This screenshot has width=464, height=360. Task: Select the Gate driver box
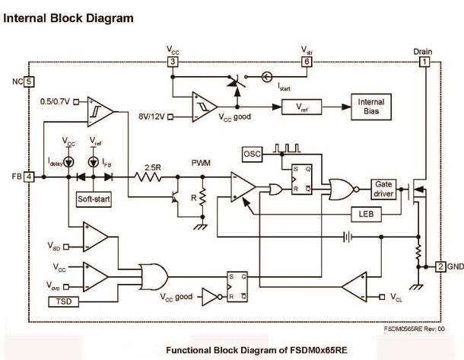[x=383, y=188]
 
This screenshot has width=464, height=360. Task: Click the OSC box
[x=251, y=155]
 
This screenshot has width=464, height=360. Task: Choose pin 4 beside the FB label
[x=29, y=176]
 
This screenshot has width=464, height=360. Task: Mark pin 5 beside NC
[x=29, y=81]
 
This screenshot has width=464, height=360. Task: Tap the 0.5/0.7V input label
[x=55, y=101]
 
